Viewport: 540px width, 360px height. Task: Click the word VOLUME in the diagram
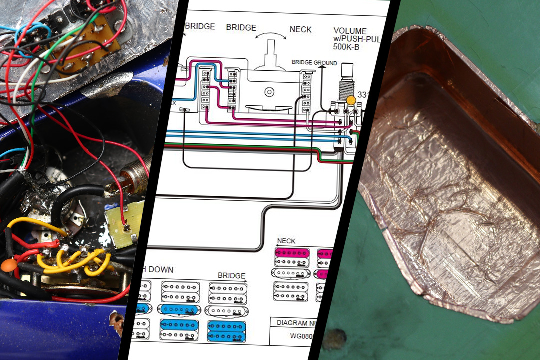(x=350, y=31)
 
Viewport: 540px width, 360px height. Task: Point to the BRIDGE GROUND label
(x=314, y=63)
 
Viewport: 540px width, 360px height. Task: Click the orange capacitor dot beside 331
(x=351, y=100)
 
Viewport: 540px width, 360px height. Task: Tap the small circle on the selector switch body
(x=270, y=92)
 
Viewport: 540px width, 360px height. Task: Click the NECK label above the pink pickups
(x=286, y=241)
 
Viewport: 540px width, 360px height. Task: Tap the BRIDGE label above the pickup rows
(x=231, y=276)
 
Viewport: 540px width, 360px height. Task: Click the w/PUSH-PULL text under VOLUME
(x=356, y=39)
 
